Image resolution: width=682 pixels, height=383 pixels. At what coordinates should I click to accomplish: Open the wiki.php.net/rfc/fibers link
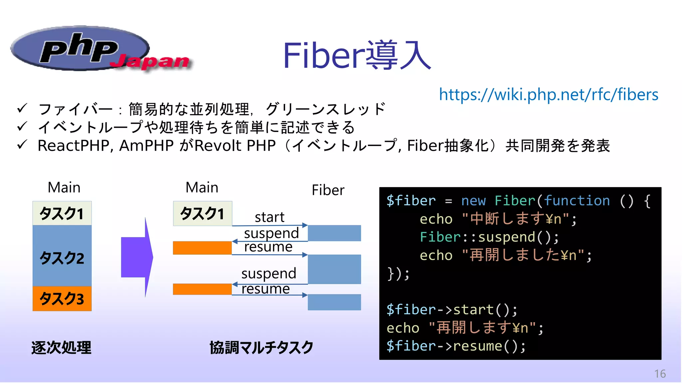548,94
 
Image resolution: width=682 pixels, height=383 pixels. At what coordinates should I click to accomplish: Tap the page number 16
660,374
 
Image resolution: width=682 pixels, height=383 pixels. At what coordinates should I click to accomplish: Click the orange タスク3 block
62,299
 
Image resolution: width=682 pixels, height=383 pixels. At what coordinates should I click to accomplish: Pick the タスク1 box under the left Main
62,213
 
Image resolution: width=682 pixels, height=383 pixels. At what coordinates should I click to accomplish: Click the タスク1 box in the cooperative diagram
202,213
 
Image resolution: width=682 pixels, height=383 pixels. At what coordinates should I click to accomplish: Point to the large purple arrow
137,257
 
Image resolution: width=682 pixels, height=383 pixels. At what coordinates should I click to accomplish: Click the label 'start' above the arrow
269,217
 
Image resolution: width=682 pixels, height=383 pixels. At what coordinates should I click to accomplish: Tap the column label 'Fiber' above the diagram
328,190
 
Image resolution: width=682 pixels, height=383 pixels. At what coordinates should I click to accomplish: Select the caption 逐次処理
61,348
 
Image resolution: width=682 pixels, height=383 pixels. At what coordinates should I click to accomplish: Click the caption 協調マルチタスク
261,348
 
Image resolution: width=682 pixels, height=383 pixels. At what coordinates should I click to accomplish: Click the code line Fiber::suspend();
489,237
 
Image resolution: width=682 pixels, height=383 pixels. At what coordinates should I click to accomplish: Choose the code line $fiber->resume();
456,346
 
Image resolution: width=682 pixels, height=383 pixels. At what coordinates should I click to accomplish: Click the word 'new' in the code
473,201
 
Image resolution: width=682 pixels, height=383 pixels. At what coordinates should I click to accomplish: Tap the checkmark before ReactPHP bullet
22,145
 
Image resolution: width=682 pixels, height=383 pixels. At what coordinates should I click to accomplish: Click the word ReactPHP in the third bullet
73,146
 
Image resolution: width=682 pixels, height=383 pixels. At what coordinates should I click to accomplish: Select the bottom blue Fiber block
334,302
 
